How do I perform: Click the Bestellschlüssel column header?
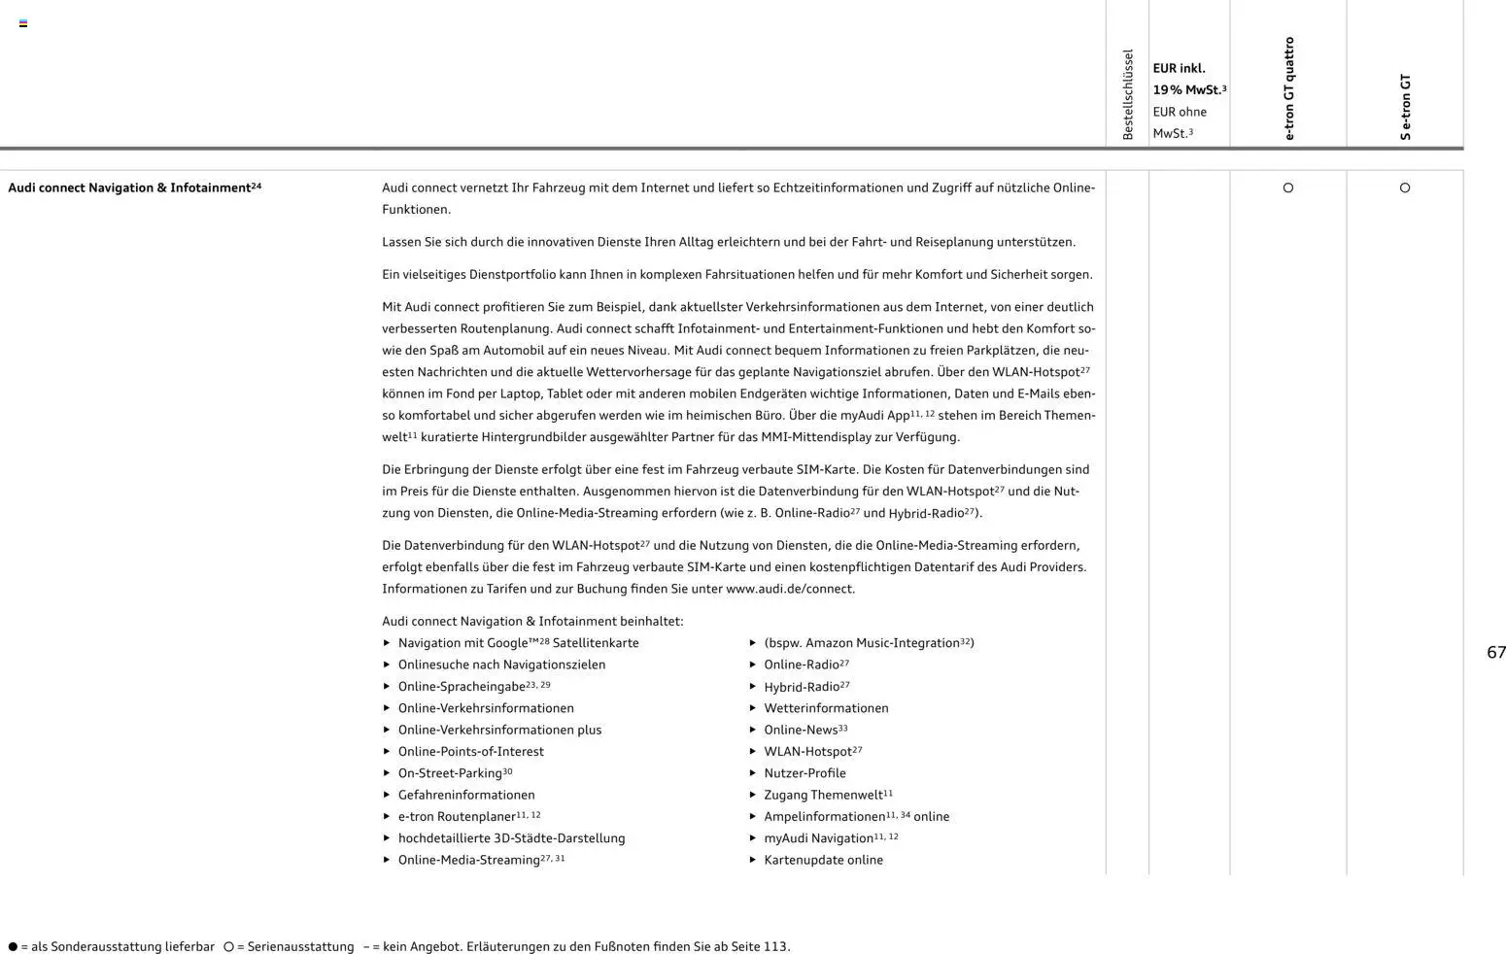coord(1127,94)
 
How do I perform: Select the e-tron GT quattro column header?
coord(1288,88)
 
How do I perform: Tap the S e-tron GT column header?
coord(1405,107)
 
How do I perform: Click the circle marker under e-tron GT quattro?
coord(1288,187)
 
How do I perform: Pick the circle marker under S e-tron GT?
coord(1405,187)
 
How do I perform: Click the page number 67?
coord(1495,653)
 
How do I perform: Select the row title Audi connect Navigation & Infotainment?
coord(130,187)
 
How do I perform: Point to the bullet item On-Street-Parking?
coord(450,773)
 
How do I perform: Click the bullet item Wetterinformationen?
coord(826,708)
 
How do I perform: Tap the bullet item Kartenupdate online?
coord(823,860)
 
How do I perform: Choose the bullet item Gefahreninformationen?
coord(466,795)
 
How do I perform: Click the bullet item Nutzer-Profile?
coord(804,773)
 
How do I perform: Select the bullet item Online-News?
coord(801,730)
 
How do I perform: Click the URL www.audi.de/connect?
coord(789,589)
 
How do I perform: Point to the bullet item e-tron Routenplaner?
coord(457,817)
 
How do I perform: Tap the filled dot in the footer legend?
coord(13,946)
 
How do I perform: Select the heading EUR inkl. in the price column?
coord(1179,68)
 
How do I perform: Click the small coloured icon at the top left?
coord(23,23)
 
